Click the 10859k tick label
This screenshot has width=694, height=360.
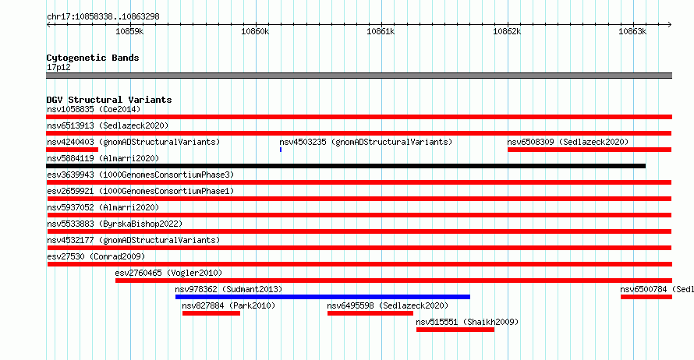click(129, 31)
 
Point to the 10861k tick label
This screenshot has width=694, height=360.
click(381, 31)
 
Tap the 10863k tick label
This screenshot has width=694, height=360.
click(632, 31)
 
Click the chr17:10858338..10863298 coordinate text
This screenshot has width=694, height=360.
click(103, 17)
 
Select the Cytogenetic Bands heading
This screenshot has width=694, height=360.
click(93, 58)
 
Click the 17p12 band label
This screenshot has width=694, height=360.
click(58, 67)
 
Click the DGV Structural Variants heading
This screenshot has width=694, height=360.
click(109, 100)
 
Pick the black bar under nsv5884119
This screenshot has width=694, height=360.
click(345, 166)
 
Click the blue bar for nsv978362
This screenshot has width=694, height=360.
click(323, 297)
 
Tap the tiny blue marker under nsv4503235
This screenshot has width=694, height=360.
click(281, 150)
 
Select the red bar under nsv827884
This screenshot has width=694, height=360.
click(211, 313)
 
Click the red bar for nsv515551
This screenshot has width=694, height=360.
click(455, 330)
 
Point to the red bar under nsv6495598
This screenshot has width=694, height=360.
click(370, 313)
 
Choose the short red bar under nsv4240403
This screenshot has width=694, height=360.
click(73, 150)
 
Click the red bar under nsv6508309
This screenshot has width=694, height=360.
click(590, 150)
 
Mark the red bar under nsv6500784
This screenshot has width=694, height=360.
click(646, 297)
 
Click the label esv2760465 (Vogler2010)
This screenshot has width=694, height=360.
click(168, 273)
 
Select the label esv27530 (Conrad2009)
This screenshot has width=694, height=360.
click(96, 256)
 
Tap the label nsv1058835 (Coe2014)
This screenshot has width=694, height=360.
click(94, 109)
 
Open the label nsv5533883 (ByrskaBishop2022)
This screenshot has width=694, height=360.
click(115, 224)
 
